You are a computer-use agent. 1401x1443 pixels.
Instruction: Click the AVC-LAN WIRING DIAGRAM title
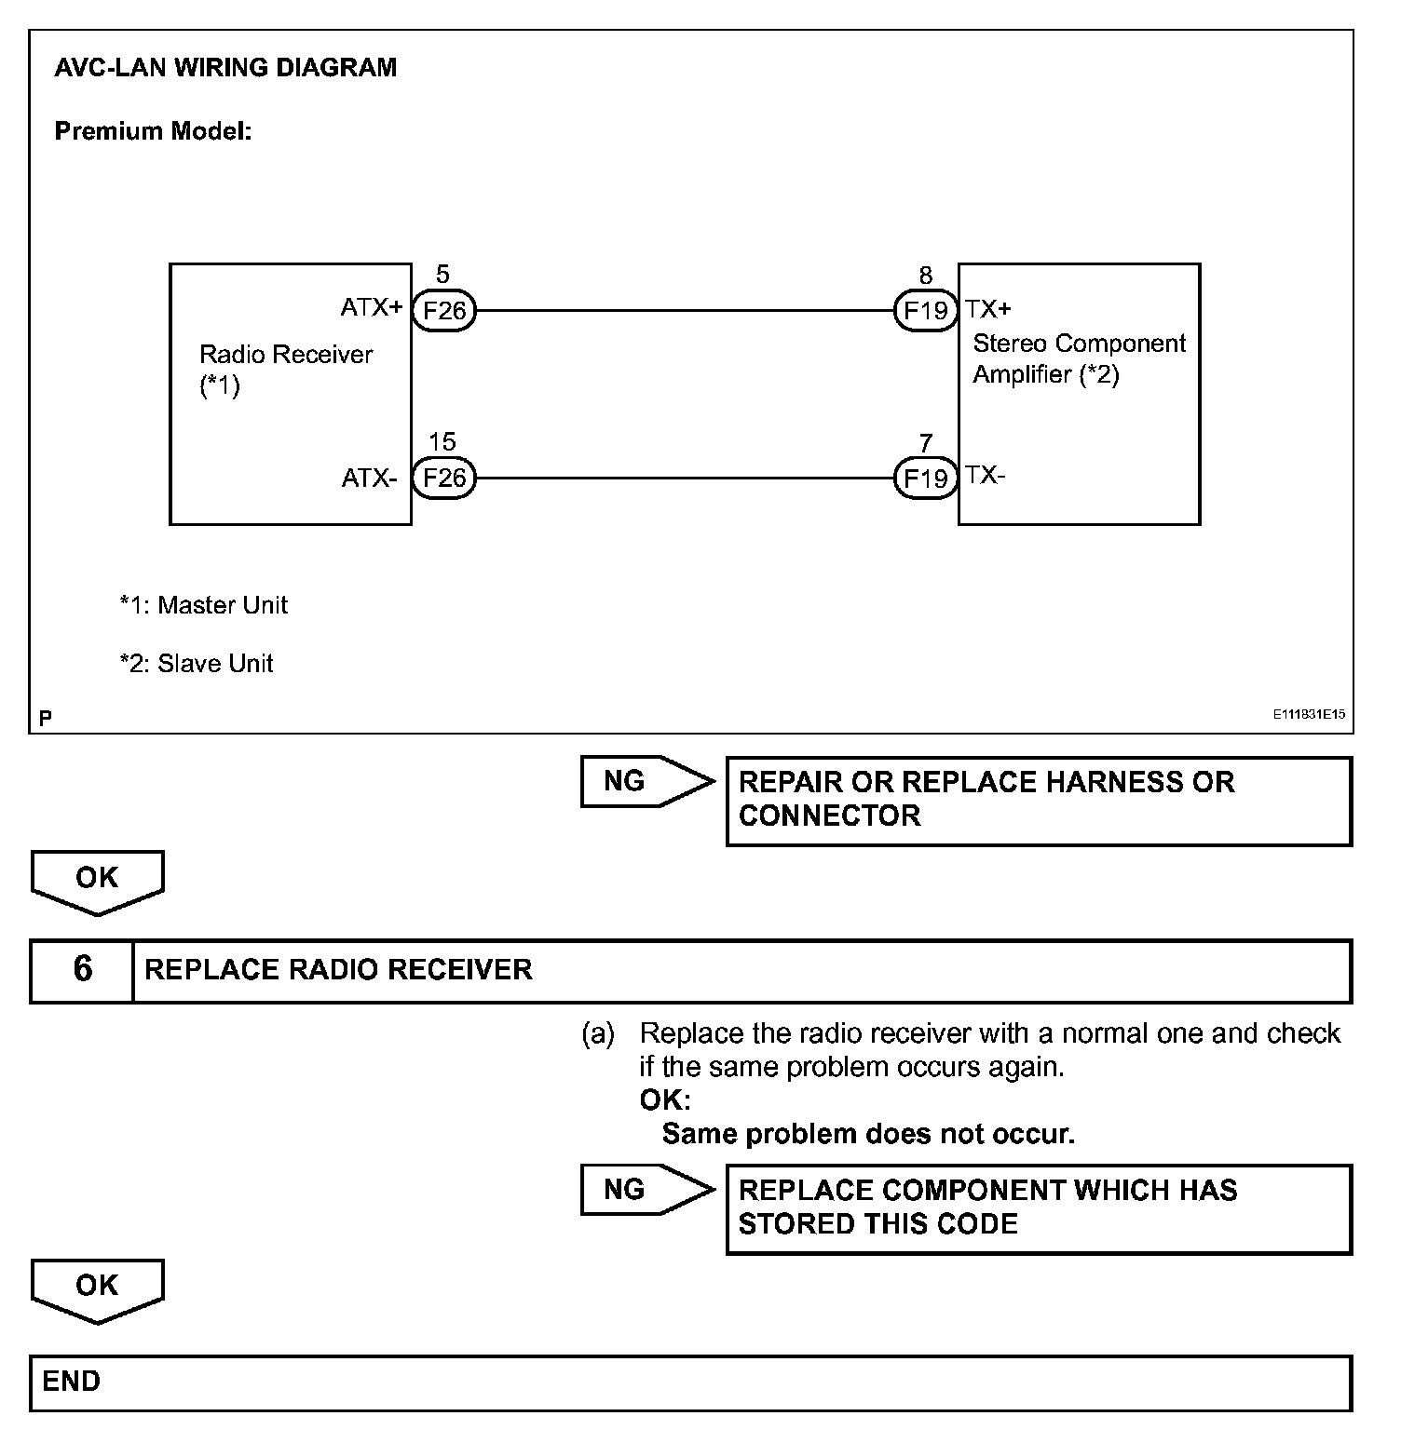point(225,68)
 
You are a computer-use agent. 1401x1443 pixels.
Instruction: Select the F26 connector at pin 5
point(443,310)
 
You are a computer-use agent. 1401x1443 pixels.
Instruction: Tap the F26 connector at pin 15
point(443,478)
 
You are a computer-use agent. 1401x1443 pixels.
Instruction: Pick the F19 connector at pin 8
point(925,310)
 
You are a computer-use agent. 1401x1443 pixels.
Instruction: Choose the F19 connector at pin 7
point(925,478)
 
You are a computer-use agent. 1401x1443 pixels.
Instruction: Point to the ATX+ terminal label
point(371,307)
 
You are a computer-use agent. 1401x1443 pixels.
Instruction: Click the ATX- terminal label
point(369,479)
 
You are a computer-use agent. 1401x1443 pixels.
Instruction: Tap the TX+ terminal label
point(988,309)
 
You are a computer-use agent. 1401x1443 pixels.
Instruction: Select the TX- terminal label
point(986,475)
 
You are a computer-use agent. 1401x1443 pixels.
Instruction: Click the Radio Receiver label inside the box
point(285,355)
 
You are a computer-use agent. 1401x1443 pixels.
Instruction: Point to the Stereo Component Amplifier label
point(1079,358)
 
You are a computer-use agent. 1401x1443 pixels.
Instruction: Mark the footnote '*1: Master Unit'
point(203,605)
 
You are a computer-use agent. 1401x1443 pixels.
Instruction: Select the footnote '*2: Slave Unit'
point(196,664)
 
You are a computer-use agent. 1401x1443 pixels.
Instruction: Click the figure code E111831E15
point(1309,715)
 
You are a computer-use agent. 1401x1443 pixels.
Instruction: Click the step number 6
point(82,970)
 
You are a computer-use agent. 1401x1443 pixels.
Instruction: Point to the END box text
point(72,1382)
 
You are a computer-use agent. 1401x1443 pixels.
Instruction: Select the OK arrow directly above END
point(97,1288)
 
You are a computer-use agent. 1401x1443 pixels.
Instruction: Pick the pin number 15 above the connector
point(442,441)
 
